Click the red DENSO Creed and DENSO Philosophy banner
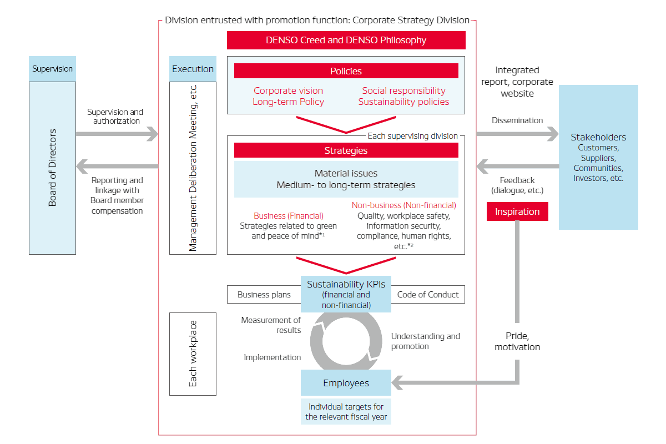coord(346,40)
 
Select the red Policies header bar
coord(346,71)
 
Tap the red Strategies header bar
coord(346,150)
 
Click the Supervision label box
coord(52,69)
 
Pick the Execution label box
coord(193,69)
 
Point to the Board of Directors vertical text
coord(53,168)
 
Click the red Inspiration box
coord(517,211)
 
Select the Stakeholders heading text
coord(598,137)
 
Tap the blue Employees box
coord(346,383)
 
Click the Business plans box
coord(264,295)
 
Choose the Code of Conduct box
coord(428,295)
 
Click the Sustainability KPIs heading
coord(346,284)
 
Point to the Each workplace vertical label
coord(193,354)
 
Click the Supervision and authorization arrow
coord(117,134)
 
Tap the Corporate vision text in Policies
coord(288,90)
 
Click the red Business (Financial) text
coord(288,215)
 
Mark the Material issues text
coord(346,174)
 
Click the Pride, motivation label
coord(517,341)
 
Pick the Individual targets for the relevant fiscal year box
coord(346,412)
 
